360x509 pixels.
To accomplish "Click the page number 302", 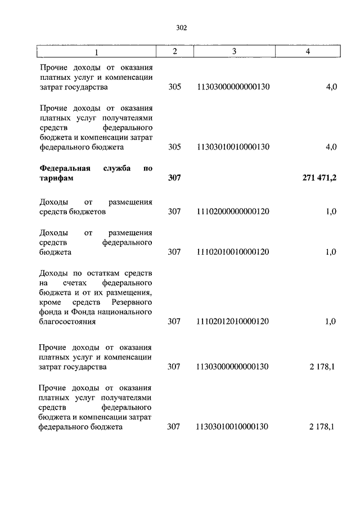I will (180, 28).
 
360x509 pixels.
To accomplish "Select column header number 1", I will (96, 52).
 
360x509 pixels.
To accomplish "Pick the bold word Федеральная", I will (65, 168).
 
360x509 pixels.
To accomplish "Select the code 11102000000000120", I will (233, 212).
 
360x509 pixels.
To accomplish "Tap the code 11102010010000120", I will (233, 252).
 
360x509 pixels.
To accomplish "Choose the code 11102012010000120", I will (233, 322).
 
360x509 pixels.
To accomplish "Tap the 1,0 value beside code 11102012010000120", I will (331, 322).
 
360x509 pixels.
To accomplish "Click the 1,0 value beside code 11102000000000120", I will (331, 212).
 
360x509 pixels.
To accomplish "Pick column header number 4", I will (307, 52).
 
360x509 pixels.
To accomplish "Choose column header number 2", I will (174, 52).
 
